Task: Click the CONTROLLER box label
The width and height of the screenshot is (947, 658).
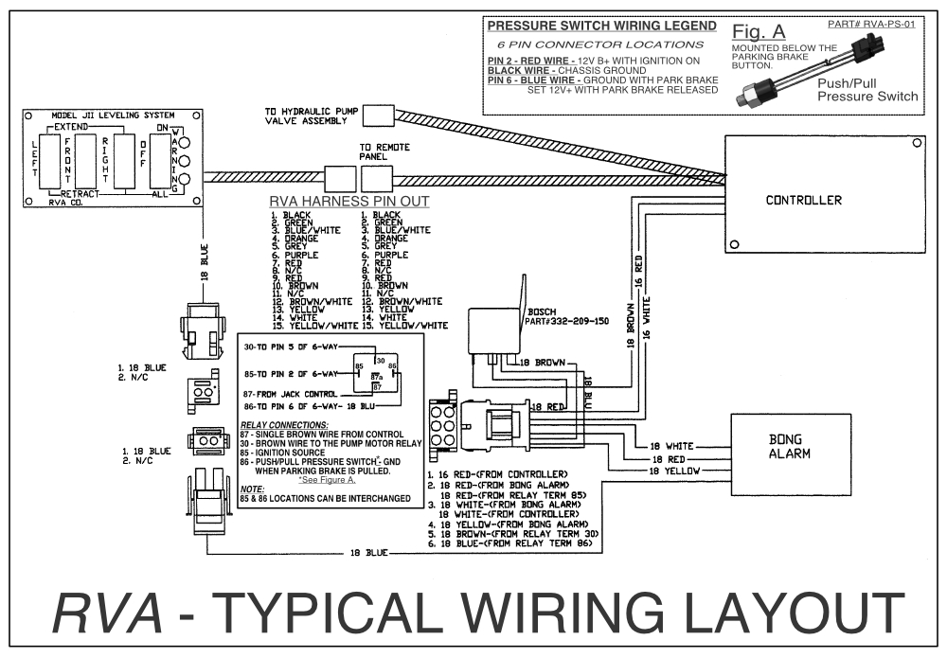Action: (803, 200)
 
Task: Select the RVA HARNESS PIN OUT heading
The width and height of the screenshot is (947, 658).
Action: (349, 202)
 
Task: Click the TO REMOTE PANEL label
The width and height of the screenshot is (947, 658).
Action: (384, 152)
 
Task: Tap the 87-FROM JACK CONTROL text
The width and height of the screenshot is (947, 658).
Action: (290, 393)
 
